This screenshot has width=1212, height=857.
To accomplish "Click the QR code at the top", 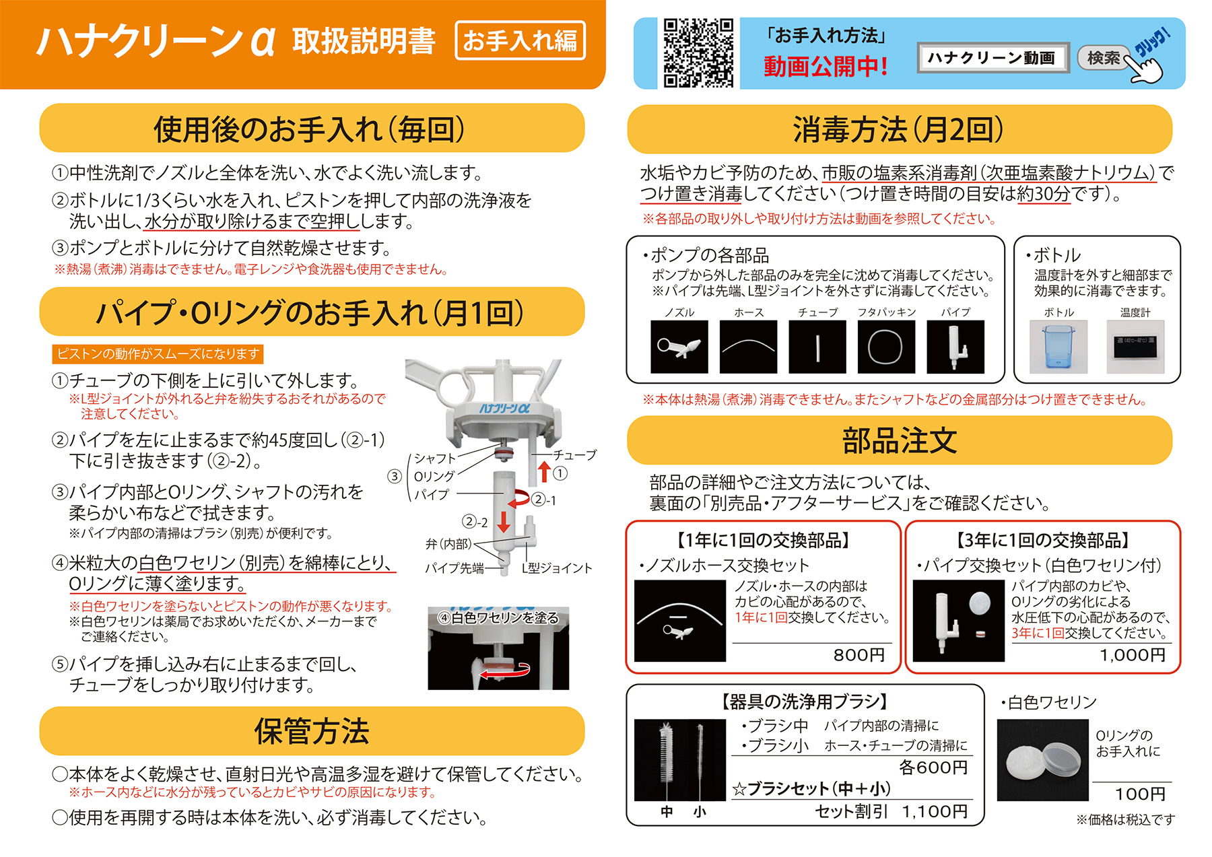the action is (x=698, y=53).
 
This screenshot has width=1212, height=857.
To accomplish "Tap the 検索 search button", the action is (x=1103, y=58).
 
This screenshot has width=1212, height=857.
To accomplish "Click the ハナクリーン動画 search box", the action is (x=992, y=58).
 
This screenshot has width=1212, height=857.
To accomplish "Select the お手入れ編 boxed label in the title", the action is (x=520, y=41).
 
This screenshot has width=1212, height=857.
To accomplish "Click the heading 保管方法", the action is (x=312, y=731).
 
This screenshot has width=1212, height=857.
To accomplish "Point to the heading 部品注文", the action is (x=900, y=441).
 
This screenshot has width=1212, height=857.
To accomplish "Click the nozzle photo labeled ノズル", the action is (x=679, y=347).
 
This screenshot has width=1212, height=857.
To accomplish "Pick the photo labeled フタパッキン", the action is (x=886, y=347).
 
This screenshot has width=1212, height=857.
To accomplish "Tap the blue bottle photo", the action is (x=1058, y=347).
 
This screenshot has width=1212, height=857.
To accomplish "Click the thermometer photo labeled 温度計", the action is (x=1135, y=347).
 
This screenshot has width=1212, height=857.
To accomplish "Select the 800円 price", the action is (x=859, y=655).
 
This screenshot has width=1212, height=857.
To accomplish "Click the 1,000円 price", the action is (x=1133, y=655).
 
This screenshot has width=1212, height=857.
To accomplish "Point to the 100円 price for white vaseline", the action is (x=1140, y=794).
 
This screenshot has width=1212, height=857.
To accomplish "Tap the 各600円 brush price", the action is (x=933, y=767).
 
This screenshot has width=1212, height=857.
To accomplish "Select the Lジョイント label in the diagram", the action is (x=557, y=568).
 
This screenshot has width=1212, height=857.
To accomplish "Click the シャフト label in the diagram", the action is (x=435, y=458).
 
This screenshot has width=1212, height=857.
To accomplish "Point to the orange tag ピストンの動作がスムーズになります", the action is (x=158, y=354).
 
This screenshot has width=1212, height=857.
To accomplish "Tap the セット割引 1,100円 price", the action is (x=891, y=811).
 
